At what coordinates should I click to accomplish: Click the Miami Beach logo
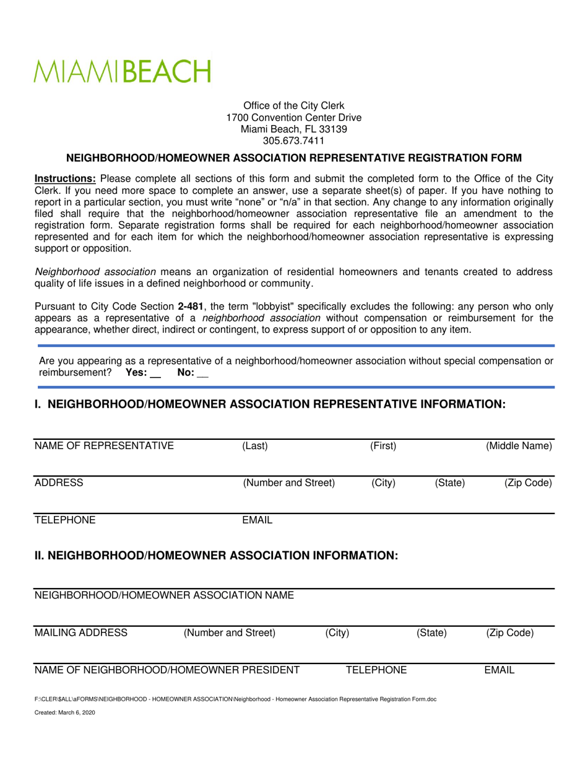click(122, 72)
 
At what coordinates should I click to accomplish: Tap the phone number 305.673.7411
click(294, 141)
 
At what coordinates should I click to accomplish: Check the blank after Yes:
click(155, 373)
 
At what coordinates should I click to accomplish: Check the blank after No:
click(202, 373)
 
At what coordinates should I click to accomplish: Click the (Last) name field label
click(255, 445)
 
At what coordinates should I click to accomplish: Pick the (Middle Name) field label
click(519, 445)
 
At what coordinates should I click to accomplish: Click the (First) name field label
click(383, 445)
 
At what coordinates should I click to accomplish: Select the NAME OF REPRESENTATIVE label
click(104, 445)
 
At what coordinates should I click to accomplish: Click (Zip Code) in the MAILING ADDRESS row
click(510, 633)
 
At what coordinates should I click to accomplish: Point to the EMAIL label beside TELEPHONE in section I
click(257, 520)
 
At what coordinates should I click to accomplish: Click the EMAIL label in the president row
click(499, 670)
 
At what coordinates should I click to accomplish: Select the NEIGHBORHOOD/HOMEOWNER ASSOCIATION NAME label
click(164, 595)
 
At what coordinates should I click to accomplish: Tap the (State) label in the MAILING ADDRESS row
click(431, 633)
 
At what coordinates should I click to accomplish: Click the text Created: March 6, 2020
click(65, 712)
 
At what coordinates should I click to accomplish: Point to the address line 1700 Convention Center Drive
click(294, 118)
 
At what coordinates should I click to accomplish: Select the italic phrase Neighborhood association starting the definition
click(95, 271)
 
